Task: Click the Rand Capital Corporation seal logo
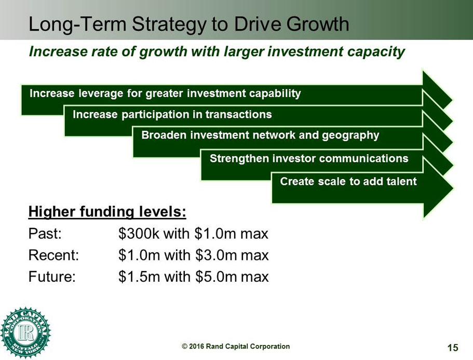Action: coord(25,333)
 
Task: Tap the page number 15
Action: coord(453,348)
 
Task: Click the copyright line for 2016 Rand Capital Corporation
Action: coord(236,347)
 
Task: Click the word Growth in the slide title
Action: coord(318,23)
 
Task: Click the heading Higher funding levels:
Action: coord(107,212)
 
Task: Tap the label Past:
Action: coord(45,233)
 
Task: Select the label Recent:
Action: coord(53,255)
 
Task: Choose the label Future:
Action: coord(52,276)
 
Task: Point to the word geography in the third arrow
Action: coord(350,135)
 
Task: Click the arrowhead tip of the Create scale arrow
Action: coord(453,189)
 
